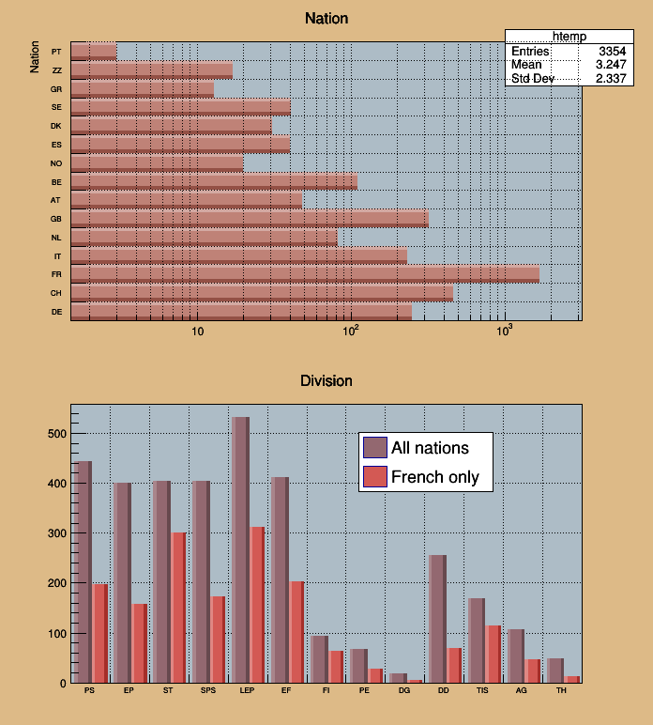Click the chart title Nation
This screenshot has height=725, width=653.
pos(326,19)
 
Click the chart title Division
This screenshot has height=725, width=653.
pos(326,380)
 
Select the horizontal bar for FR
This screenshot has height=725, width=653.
pos(305,274)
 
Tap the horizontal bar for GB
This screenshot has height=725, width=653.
pos(250,219)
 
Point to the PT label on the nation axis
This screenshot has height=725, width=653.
pos(56,52)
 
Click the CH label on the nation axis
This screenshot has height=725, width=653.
pos(56,293)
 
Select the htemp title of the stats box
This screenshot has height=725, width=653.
pos(569,36)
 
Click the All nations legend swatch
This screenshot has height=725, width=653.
pos(374,447)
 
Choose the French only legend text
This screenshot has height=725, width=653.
pos(435,477)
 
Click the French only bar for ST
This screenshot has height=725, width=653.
pos(178,608)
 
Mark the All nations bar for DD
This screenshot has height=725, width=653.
pos(437,619)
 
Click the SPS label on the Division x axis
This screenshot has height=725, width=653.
pos(207,690)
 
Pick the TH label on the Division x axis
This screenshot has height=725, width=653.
pos(562,690)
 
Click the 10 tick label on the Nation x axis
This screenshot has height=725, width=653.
pos(197,332)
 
